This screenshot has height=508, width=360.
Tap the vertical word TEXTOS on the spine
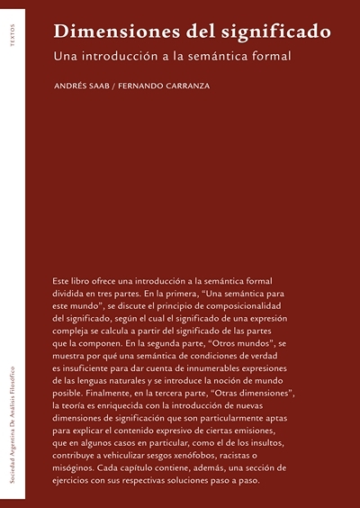(x=11, y=41)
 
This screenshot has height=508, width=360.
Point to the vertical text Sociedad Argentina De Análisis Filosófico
(x=11, y=422)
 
